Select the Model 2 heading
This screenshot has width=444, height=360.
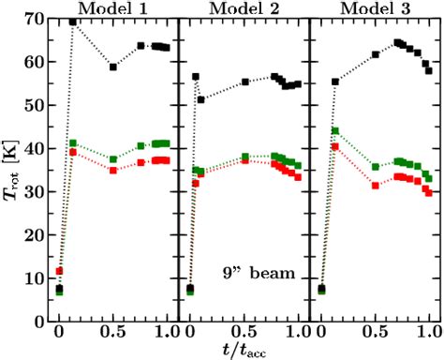(x=244, y=8)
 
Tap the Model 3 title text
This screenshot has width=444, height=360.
(x=376, y=8)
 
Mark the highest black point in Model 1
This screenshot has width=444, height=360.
(x=73, y=22)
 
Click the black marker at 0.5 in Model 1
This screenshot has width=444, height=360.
(x=113, y=67)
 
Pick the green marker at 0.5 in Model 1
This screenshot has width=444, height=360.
(x=113, y=159)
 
